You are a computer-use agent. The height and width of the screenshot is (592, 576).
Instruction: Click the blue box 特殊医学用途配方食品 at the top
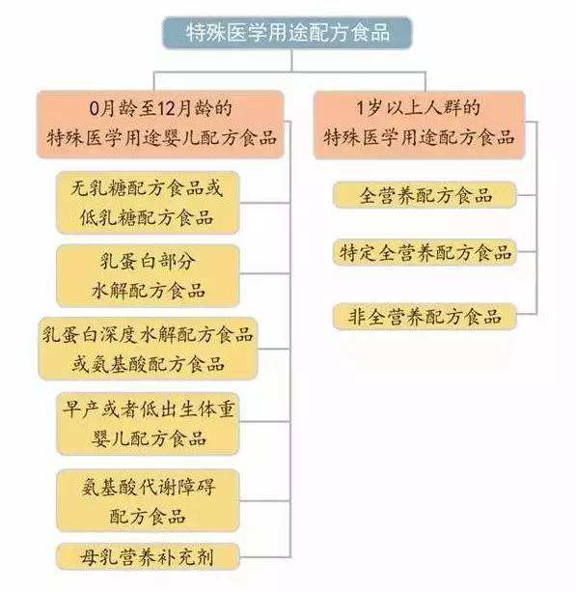point(288,33)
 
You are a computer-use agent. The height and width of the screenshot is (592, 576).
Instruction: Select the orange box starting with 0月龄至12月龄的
point(160,125)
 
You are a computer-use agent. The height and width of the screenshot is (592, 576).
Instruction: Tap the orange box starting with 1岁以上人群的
point(419,125)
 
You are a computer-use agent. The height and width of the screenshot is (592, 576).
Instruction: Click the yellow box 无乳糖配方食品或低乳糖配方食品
point(148,203)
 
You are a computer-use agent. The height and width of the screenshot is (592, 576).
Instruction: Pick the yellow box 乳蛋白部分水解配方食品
point(148,275)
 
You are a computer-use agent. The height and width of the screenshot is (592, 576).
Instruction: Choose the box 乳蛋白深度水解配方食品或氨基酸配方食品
point(148,349)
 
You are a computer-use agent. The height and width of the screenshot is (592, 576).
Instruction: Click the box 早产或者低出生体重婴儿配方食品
point(148,424)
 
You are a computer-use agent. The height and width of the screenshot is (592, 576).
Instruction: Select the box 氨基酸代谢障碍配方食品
point(148,500)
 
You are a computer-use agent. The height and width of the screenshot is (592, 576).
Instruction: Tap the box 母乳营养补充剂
point(148,556)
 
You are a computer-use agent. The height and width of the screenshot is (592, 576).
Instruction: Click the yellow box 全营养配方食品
point(425,195)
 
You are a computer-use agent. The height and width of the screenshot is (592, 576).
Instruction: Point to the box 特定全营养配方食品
point(425,252)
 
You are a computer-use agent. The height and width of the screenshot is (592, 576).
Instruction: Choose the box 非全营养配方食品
point(425,317)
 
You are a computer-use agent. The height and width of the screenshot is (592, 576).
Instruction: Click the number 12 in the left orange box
point(166,109)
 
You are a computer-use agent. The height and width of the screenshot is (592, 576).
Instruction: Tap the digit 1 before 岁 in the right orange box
point(360,109)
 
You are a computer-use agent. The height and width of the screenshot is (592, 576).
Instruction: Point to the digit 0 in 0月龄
point(94,109)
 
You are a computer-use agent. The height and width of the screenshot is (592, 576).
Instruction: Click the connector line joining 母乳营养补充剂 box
point(264,557)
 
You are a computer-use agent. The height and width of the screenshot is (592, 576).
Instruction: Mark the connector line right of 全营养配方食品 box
point(527,195)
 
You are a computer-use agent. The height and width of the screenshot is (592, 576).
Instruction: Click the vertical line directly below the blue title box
point(291,60)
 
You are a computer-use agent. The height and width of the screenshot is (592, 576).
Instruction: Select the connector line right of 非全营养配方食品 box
point(527,313)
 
